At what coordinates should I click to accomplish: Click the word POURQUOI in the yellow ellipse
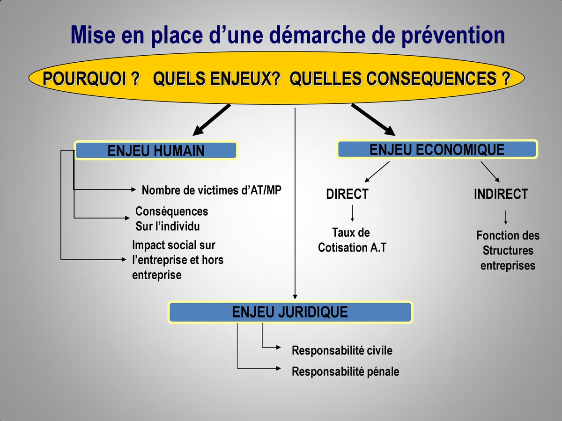85,78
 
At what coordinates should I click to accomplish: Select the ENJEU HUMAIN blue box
156,150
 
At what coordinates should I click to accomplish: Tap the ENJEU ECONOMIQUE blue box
437,149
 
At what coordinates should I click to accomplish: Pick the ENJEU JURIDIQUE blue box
290,312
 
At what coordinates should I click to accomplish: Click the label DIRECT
347,194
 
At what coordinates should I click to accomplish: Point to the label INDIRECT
501,194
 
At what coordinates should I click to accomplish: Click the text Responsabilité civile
342,350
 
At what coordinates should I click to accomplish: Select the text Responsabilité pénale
345,371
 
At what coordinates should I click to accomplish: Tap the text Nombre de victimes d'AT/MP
212,190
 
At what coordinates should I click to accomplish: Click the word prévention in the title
453,35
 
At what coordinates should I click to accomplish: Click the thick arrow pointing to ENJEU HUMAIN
212,120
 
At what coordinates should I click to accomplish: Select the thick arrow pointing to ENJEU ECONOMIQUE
373,120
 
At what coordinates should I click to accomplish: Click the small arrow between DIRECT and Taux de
352,213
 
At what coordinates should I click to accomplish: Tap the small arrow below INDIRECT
506,217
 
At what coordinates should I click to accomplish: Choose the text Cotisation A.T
352,247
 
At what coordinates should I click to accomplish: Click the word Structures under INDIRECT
508,251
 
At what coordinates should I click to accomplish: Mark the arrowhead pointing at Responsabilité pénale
278,368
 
